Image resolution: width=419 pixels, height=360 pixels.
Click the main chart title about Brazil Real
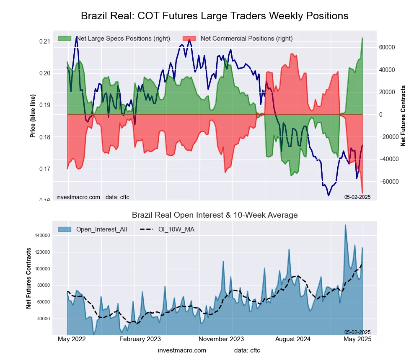coord(214,16)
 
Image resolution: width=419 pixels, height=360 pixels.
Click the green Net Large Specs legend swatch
coord(65,39)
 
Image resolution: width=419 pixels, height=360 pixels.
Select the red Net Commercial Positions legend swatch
coord(189,39)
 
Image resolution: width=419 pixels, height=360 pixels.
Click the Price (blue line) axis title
coord(32,116)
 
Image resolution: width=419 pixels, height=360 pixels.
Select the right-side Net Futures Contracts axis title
coord(403,116)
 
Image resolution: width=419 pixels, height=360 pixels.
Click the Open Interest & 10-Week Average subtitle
coord(215,215)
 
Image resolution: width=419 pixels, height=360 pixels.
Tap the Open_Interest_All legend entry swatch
coord(65,229)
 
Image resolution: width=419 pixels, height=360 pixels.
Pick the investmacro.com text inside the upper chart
coord(78,197)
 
